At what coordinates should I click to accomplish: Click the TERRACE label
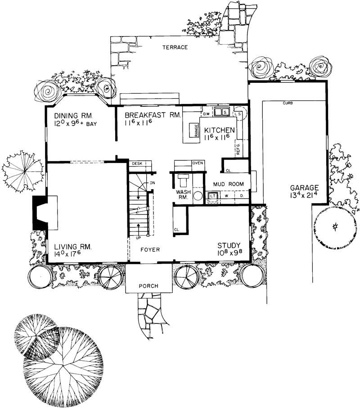[175, 47]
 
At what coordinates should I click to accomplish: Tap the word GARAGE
[304, 187]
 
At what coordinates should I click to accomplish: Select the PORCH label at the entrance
[148, 286]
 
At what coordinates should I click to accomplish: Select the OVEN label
[198, 162]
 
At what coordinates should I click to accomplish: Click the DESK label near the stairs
[137, 164]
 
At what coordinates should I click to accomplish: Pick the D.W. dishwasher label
[207, 114]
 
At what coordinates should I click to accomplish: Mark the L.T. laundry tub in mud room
[212, 196]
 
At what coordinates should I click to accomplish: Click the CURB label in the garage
[288, 103]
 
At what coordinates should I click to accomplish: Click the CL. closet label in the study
[177, 230]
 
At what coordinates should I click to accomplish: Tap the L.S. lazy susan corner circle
[238, 114]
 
